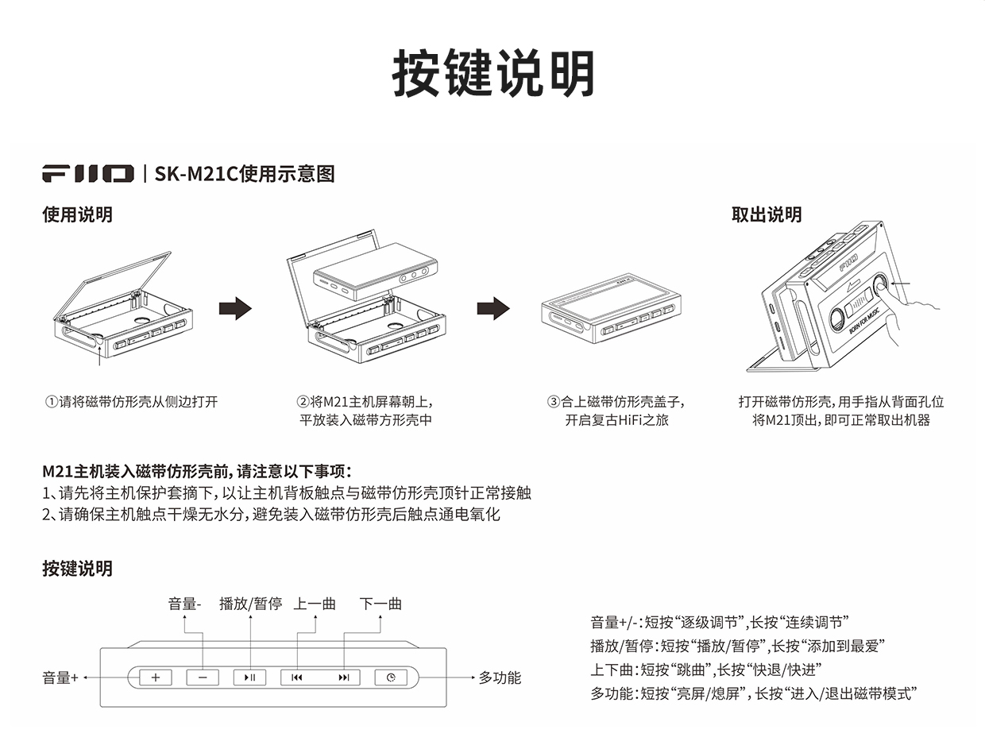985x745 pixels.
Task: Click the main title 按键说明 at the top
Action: coord(493,75)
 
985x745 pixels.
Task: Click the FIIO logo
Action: coord(88,173)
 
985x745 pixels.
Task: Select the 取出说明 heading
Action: coord(767,214)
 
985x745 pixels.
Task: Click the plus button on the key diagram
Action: coord(156,677)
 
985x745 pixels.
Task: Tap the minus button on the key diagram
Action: coord(203,677)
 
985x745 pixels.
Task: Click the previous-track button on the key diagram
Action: coord(297,677)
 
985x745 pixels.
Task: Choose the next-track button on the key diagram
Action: coord(343,677)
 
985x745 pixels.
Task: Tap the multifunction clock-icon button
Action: coord(391,677)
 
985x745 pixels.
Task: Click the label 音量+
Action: coord(60,678)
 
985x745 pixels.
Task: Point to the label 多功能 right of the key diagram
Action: coord(500,677)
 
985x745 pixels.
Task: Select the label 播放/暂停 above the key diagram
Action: coord(251,604)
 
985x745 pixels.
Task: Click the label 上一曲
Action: coord(315,604)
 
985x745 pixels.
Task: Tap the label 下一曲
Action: coord(380,604)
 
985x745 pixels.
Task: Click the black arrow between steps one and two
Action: coord(235,308)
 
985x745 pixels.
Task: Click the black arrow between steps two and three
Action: coord(493,308)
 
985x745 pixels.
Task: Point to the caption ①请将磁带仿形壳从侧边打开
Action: coord(131,402)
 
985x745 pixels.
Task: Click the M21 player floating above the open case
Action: coord(375,276)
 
